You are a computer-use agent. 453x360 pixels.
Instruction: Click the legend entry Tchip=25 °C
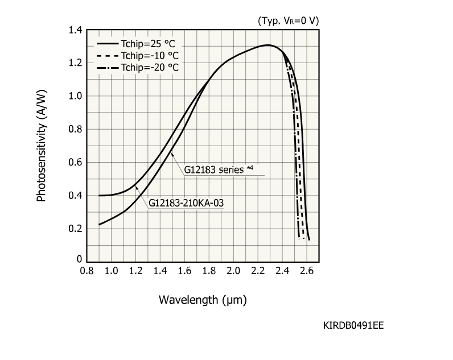click(150, 44)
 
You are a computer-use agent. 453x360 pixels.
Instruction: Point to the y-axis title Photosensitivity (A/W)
click(41, 147)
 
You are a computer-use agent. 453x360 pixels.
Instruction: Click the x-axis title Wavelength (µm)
click(203, 299)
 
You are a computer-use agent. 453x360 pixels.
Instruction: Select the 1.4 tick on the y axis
click(75, 30)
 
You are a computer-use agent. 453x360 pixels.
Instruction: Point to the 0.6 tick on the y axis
click(75, 163)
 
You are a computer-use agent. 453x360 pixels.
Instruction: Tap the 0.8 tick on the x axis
click(87, 271)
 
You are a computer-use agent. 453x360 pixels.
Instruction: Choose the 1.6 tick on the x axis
click(184, 271)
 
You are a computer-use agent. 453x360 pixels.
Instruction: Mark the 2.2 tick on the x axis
click(258, 271)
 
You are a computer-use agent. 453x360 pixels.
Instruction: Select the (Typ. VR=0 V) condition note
click(288, 20)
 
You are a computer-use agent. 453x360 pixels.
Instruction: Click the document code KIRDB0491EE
click(353, 325)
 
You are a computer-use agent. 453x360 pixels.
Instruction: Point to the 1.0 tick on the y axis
click(75, 96)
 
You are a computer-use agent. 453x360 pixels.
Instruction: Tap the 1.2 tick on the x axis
click(135, 271)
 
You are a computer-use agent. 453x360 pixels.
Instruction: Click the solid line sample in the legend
click(108, 44)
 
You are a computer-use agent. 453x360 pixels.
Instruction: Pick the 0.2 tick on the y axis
click(75, 229)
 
